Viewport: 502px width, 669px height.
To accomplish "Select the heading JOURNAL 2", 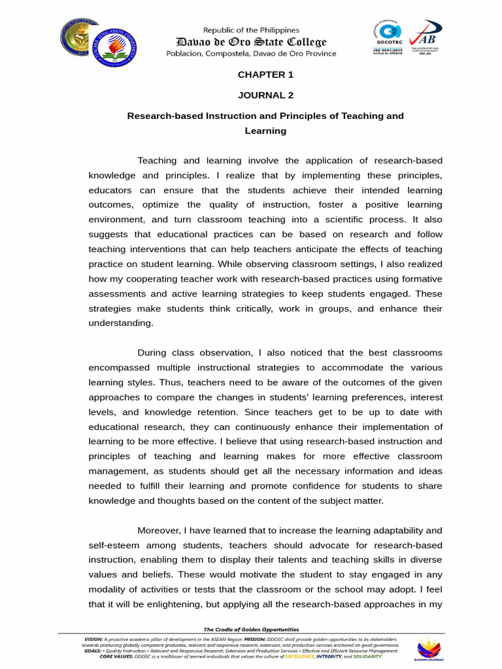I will (265, 95).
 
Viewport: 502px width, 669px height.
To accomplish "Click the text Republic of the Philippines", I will (251, 30).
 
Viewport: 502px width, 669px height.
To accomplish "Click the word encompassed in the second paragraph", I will (122, 367).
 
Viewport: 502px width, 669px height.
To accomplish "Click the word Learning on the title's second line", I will (265, 131).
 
